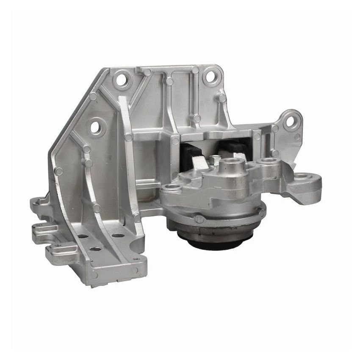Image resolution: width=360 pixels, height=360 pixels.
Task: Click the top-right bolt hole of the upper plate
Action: [x=209, y=77]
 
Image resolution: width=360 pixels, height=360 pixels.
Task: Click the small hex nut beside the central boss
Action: [x=216, y=160]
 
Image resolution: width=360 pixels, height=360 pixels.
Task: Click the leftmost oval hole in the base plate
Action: [x=83, y=236]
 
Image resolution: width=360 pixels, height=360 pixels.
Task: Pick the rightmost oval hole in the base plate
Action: [x=118, y=235]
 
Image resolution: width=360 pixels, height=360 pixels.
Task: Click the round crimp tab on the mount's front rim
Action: [x=199, y=219]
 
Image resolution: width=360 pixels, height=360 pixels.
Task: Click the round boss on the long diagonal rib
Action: [x=129, y=137]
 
